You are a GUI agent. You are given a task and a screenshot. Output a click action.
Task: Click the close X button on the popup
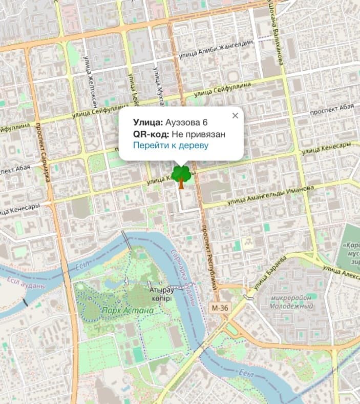pos(235,115)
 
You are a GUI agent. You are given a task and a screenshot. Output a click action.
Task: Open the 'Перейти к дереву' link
pos(171,146)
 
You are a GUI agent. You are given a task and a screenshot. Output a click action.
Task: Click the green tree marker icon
pos(180,176)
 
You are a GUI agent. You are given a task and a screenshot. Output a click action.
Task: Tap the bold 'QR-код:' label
pos(151,134)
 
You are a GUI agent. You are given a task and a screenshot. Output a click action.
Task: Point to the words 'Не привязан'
pos(199,134)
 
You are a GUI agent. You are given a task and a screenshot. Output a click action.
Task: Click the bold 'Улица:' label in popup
pos(147,122)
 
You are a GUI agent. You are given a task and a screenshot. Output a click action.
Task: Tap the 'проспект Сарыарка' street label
pos(45,154)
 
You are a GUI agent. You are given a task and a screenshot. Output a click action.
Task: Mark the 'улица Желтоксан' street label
pos(92,82)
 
